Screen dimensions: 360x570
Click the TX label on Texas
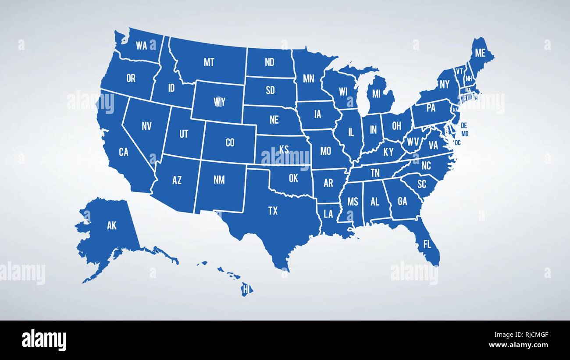tap(273, 211)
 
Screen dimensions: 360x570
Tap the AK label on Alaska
tap(112, 226)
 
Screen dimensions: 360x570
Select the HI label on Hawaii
tap(247, 289)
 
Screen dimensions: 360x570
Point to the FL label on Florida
tap(427, 244)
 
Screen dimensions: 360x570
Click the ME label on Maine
tap(480, 53)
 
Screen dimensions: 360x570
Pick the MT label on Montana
tap(209, 62)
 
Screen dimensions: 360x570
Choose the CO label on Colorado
tap(230, 142)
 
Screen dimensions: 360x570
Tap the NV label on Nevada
tap(146, 126)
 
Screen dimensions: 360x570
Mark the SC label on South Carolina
tap(421, 184)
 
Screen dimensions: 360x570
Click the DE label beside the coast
tap(464, 125)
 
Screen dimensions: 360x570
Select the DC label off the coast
tap(458, 143)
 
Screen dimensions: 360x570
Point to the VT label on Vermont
tap(459, 71)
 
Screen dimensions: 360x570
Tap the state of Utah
tap(183, 134)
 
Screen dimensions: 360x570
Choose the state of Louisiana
tap(328, 214)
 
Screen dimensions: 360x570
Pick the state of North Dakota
tap(269, 62)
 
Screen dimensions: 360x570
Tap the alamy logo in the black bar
tap(44, 340)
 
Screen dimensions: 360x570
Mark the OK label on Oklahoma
tap(293, 178)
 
